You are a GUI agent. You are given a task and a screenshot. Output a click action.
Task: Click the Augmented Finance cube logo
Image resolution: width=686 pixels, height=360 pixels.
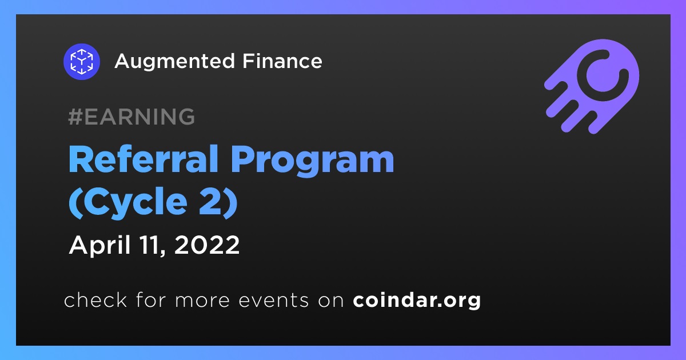(x=81, y=62)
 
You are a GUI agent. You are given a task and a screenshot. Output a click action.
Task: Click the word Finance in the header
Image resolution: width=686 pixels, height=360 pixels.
(x=282, y=61)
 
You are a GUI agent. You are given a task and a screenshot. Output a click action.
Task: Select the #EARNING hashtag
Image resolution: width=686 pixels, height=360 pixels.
(x=131, y=117)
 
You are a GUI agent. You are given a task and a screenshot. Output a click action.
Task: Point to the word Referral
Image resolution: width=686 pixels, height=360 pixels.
(x=143, y=159)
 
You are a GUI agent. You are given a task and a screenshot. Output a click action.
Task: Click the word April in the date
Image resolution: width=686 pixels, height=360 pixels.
(x=100, y=246)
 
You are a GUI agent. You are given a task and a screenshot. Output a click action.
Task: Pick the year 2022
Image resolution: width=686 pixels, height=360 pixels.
(x=207, y=245)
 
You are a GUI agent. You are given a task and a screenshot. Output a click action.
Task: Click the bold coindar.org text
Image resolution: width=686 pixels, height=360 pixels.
(x=417, y=301)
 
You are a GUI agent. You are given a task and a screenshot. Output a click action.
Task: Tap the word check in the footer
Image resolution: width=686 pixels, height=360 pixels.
(x=95, y=299)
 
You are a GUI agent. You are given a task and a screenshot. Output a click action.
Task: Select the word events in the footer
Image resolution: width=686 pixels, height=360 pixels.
(x=273, y=301)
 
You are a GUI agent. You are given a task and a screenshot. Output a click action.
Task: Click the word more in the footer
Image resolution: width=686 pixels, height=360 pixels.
(x=202, y=301)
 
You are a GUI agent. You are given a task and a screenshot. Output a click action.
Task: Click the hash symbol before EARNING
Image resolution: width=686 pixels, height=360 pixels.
(x=75, y=117)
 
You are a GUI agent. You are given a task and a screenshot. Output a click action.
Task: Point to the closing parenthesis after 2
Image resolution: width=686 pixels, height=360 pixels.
(x=231, y=203)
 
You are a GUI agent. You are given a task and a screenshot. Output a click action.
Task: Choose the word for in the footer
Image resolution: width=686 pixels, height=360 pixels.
(x=151, y=299)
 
